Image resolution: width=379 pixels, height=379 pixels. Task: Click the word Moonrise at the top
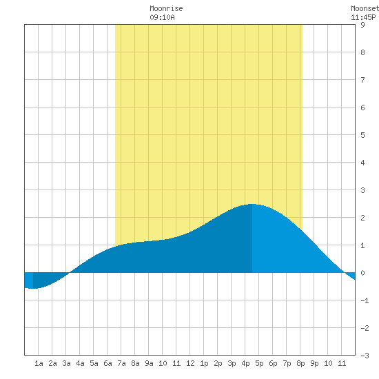pos(166,8)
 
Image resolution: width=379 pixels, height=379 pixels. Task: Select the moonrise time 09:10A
pos(162,17)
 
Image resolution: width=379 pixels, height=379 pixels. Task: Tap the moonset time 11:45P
pos(363,17)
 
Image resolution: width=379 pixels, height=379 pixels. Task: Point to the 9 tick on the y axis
pos(362,25)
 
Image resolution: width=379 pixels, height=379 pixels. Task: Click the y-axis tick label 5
pos(362,135)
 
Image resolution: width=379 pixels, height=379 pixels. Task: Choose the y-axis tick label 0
pos(362,273)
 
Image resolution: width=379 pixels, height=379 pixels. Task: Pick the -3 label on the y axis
pos(365,356)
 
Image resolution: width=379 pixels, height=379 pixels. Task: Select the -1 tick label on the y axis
pos(365,300)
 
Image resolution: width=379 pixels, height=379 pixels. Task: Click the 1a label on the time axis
pos(39,363)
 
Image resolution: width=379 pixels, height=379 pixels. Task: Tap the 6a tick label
pos(107,363)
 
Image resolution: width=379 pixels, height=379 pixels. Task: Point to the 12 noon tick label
pos(190,363)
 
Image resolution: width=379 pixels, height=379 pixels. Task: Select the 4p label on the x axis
pos(245,363)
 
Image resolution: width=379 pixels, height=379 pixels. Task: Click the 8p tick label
pos(300,363)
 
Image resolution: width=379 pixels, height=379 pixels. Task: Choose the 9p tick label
pos(314,363)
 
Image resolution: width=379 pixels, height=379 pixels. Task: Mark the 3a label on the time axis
pos(66,363)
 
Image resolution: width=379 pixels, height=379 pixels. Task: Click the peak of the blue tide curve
pos(252,204)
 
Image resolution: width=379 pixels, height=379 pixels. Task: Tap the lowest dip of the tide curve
pos(33,288)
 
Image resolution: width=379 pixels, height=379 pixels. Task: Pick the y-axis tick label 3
pos(362,190)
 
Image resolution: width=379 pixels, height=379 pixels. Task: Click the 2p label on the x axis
pos(218,363)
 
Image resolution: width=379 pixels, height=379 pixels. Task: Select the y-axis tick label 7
pos(362,80)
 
